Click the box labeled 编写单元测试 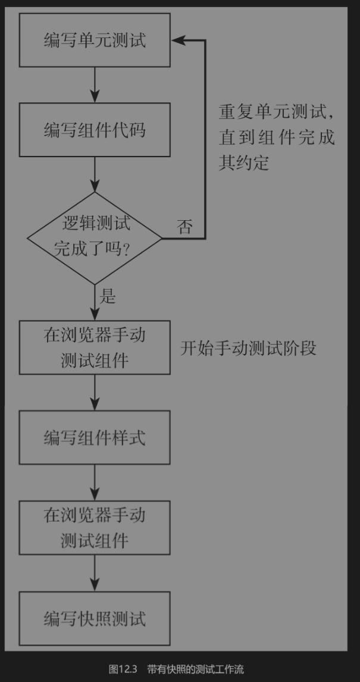click(x=95, y=40)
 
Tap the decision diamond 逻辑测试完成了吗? click(x=95, y=237)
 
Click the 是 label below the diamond click(x=108, y=296)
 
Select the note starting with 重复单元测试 click(x=276, y=137)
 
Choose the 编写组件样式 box click(x=95, y=438)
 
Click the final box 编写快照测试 click(x=95, y=618)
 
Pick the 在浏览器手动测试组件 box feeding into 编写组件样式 click(x=95, y=348)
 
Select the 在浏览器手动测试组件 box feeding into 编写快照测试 click(x=95, y=528)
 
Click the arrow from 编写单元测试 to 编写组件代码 click(x=95, y=85)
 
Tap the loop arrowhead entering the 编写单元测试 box click(x=179, y=40)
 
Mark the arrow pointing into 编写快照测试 click(x=95, y=574)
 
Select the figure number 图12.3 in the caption click(x=123, y=670)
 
